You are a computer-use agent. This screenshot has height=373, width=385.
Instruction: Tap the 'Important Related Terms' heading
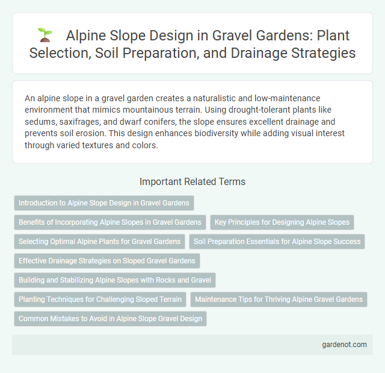click(192, 181)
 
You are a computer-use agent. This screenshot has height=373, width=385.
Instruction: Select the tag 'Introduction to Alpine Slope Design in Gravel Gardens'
click(104, 203)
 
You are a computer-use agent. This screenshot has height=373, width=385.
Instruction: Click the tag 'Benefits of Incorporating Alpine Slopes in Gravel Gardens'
click(110, 222)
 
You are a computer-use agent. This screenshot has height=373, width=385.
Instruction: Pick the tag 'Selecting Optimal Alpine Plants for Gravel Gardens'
click(99, 242)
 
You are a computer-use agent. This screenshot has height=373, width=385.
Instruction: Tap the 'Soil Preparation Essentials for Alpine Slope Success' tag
click(277, 242)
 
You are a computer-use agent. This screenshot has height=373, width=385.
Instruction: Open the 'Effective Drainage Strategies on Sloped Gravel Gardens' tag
click(106, 261)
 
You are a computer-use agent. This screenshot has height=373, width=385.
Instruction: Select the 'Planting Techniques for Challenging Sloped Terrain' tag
click(100, 299)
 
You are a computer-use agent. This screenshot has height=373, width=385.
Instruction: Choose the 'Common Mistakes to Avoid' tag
click(110, 319)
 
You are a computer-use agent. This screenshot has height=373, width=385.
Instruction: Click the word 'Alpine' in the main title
click(86, 36)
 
